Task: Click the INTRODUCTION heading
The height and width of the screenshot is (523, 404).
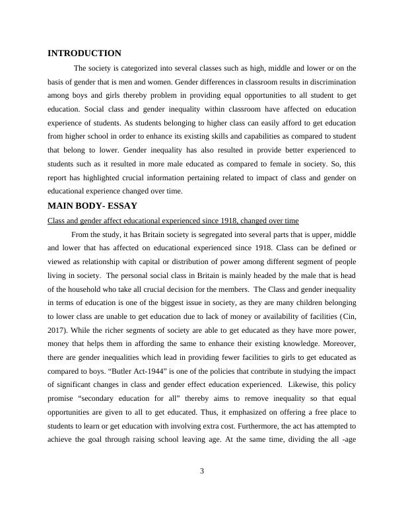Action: click(x=84, y=53)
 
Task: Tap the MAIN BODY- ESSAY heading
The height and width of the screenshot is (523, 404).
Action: click(x=92, y=206)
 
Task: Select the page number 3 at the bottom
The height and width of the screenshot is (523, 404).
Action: click(x=202, y=470)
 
